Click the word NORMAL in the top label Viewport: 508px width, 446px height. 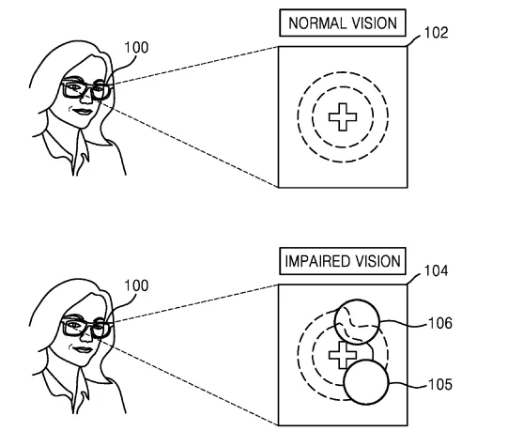click(x=316, y=23)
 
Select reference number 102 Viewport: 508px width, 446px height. click(x=436, y=33)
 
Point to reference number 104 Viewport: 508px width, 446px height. click(x=436, y=270)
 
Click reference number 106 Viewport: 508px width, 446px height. click(x=440, y=323)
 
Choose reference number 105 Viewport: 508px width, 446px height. click(x=440, y=384)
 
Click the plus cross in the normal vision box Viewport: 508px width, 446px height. click(x=343, y=117)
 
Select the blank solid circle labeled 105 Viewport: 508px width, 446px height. click(x=366, y=382)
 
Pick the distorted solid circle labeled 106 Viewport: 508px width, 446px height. click(x=357, y=321)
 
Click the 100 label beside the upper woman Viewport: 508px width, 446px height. click(x=136, y=48)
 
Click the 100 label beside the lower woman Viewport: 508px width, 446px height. click(x=136, y=285)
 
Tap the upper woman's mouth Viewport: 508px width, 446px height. click(x=83, y=112)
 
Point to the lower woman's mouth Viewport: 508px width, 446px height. click(x=83, y=350)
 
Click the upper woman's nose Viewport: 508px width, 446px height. click(x=86, y=97)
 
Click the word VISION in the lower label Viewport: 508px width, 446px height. click(x=378, y=261)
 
